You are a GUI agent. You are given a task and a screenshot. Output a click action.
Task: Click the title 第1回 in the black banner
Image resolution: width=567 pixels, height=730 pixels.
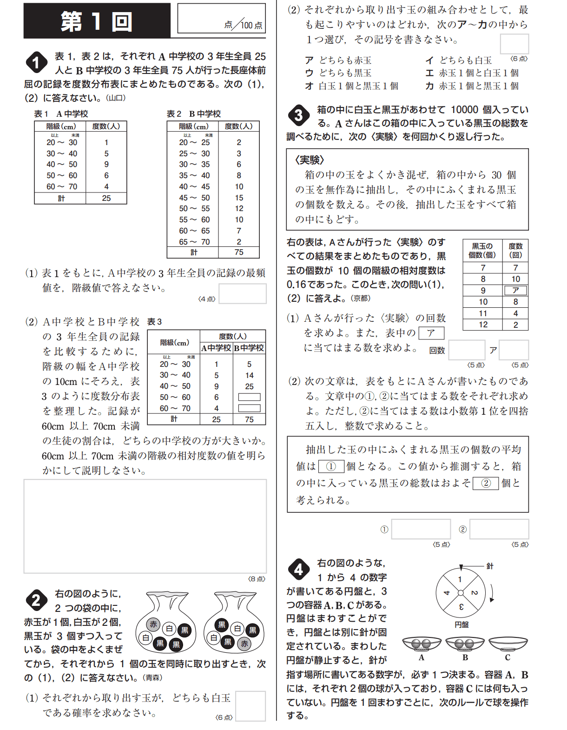click(96, 21)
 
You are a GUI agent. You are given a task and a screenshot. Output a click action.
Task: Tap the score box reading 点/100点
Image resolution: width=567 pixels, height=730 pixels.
click(222, 19)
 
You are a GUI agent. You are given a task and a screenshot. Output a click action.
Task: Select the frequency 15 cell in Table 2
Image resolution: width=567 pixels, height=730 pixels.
click(239, 198)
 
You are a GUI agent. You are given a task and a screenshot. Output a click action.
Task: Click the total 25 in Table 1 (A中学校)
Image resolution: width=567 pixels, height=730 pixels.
click(106, 198)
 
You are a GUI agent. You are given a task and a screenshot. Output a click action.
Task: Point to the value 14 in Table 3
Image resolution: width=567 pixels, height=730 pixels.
click(249, 375)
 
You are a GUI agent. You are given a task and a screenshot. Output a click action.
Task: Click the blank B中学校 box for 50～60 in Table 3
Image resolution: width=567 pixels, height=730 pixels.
click(249, 397)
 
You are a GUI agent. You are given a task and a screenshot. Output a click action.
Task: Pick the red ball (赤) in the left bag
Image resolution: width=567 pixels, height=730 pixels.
click(153, 624)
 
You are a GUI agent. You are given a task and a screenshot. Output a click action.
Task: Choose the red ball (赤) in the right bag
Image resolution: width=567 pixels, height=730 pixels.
click(244, 644)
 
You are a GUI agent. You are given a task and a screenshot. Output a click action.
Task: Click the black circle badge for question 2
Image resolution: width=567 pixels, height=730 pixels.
click(36, 600)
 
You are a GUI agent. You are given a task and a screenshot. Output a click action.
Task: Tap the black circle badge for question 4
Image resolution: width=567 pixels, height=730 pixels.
click(298, 569)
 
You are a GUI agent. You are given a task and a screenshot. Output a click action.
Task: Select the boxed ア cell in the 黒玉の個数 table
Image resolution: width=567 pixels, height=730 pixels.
click(515, 291)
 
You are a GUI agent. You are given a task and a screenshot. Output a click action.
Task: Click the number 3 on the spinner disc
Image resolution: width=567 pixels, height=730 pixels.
click(461, 607)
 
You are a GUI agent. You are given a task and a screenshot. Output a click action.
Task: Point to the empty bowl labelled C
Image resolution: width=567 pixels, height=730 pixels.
click(508, 644)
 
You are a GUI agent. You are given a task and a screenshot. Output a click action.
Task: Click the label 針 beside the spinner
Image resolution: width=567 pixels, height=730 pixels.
click(490, 566)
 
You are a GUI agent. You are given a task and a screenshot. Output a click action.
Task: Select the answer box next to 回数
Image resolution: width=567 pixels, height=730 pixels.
click(467, 350)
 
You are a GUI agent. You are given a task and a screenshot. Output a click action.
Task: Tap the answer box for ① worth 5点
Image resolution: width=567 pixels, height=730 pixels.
click(421, 529)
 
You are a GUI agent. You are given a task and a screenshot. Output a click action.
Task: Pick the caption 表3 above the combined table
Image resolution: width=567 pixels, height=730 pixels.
click(154, 322)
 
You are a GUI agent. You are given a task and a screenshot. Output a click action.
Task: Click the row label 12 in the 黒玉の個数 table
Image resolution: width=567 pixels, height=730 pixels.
click(483, 325)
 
